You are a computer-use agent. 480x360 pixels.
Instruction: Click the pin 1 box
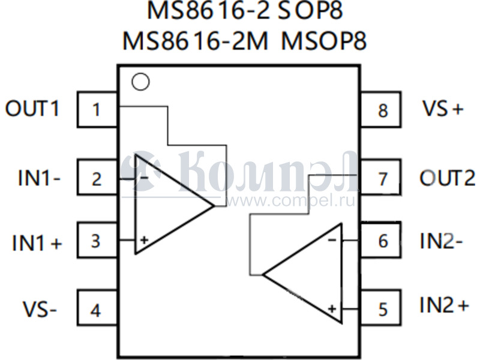click(97, 109)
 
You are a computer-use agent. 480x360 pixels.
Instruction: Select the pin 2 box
click(97, 177)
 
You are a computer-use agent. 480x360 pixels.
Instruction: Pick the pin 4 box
click(97, 307)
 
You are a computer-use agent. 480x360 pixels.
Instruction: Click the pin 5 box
click(380, 307)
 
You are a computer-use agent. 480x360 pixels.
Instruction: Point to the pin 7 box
click(380, 177)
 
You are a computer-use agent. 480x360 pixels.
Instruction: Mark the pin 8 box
click(380, 109)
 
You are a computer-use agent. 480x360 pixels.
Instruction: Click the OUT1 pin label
click(32, 109)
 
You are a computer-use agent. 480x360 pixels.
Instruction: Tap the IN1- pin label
click(39, 178)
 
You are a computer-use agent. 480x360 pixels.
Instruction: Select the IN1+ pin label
click(37, 243)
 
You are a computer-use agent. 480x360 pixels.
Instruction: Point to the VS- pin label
click(40, 309)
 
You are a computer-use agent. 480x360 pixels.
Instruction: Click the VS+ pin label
click(443, 108)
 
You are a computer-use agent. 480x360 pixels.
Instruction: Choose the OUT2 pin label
click(448, 178)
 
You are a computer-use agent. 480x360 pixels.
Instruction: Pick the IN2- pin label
click(441, 241)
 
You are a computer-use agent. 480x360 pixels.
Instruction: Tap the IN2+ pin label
click(444, 305)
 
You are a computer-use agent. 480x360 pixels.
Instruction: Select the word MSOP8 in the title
click(323, 41)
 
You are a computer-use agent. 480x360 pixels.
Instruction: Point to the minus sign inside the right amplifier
click(332, 240)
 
